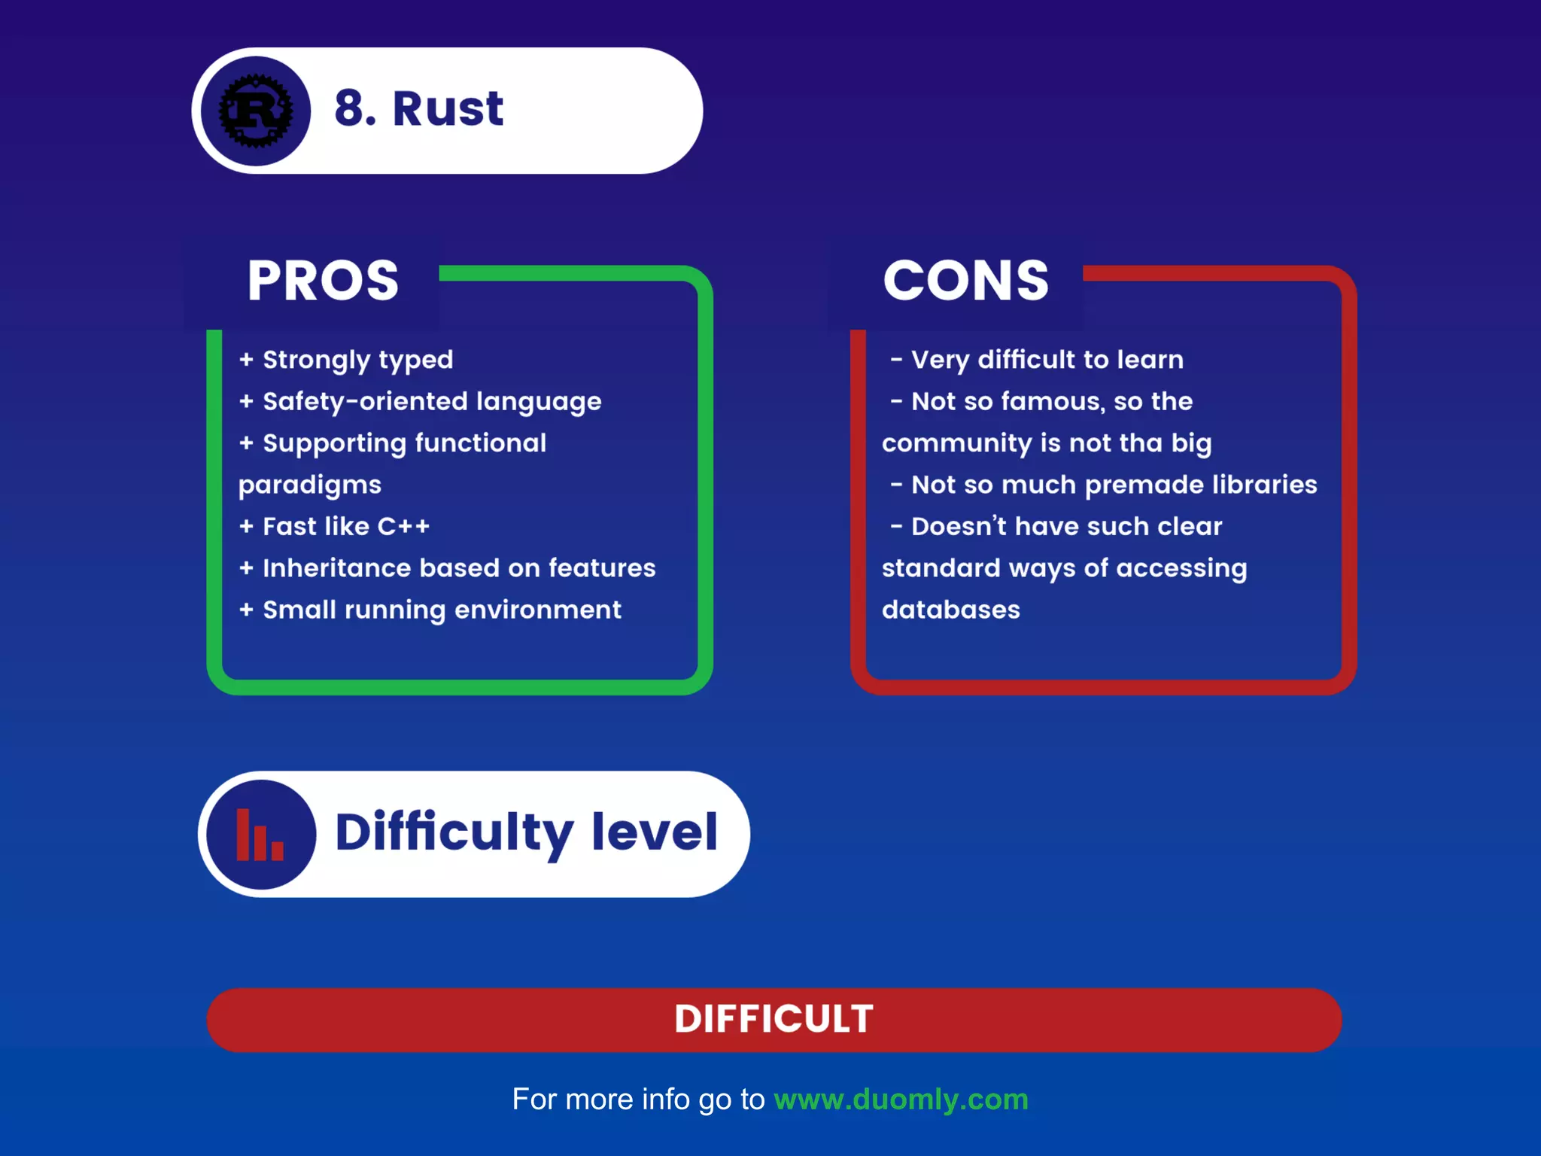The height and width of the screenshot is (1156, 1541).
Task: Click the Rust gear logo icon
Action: [x=256, y=111]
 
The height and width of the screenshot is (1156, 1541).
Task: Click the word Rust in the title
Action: [x=448, y=108]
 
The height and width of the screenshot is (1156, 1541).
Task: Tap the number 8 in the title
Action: [x=351, y=108]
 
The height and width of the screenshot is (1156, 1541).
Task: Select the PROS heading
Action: [x=323, y=281]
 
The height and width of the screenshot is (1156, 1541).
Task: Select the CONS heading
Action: [x=965, y=281]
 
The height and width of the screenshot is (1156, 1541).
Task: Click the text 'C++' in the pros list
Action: [x=403, y=526]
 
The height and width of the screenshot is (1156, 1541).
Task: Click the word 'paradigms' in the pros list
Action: [x=310, y=485]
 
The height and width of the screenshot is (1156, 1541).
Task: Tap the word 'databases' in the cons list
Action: [x=950, y=610]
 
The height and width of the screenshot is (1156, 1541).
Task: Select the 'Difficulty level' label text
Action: [x=526, y=832]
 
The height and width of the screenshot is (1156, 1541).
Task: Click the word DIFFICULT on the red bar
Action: [x=774, y=1019]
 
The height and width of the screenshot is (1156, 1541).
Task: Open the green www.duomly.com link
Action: [x=901, y=1100]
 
